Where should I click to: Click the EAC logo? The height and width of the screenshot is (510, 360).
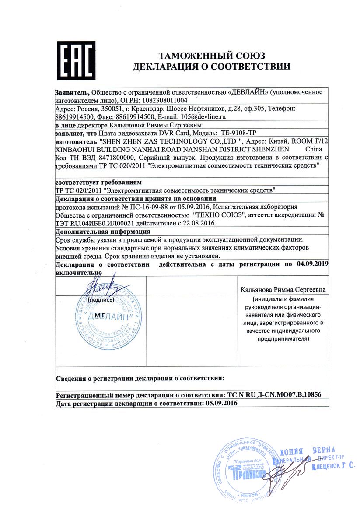(77, 61)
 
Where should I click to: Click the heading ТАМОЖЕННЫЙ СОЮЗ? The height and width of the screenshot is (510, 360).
(212, 56)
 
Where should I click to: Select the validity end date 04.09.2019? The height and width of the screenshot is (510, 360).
(311, 264)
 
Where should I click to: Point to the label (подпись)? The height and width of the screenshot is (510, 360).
(101, 300)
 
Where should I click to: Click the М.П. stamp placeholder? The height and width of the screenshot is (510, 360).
(101, 316)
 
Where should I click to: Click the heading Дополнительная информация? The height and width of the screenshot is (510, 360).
(103, 231)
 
